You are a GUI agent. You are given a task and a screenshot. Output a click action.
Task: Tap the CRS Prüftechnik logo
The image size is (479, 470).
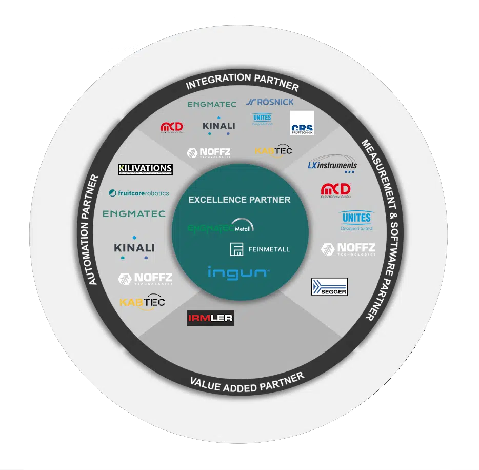point(302,123)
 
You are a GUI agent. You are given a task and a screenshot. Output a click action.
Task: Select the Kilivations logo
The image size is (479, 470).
point(145,169)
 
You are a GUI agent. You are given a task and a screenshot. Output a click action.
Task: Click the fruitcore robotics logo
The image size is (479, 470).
point(139,193)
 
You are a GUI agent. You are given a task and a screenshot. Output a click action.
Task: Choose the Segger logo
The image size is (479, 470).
point(329,287)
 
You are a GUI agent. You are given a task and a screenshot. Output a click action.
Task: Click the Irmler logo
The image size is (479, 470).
point(210,318)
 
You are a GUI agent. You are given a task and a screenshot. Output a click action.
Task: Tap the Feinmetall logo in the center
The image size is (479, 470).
point(260,249)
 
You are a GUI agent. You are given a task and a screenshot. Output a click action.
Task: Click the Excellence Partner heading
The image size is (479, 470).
point(239,200)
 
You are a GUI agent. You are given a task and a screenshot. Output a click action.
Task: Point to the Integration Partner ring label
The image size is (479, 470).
point(242,82)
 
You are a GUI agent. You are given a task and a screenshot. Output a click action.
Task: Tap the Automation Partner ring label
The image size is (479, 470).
point(93,229)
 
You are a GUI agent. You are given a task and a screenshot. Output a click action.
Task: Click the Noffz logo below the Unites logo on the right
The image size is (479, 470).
point(348,250)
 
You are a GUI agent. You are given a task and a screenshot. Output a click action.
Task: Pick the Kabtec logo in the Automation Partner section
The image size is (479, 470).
point(142,303)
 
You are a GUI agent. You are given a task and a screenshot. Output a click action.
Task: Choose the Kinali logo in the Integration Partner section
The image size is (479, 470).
point(218,126)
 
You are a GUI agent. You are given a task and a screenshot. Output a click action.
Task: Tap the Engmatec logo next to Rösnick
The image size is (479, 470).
point(211,104)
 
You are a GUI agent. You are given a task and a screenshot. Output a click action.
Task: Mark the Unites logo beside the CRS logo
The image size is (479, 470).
point(262,119)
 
